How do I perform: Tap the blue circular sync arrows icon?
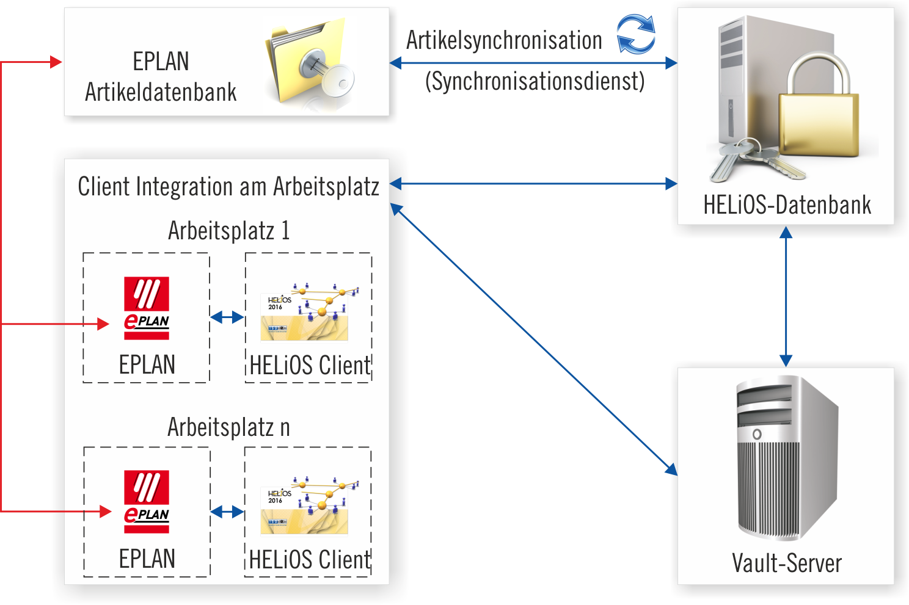point(636,35)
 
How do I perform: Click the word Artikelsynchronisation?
point(504,40)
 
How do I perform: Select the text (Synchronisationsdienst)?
point(535,81)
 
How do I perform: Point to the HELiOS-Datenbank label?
point(787,205)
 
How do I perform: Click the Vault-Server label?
point(787,563)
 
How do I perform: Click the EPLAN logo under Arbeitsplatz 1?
point(147,308)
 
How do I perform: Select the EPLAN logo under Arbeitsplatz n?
point(147,502)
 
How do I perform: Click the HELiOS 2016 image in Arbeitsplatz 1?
point(308,312)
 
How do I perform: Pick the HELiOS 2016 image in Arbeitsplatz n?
point(308,505)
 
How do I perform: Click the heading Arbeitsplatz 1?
point(228,231)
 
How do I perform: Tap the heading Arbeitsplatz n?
point(228,427)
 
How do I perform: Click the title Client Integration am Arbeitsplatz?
point(228,187)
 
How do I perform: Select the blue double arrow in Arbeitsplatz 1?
point(227,317)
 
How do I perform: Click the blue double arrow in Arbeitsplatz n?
point(227,512)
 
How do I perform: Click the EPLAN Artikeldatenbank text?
point(161,77)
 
